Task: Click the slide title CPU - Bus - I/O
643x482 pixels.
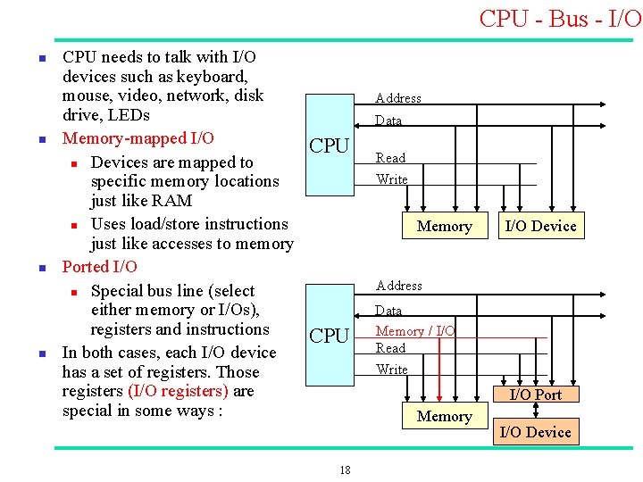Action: coord(560,18)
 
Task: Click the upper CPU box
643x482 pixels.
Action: coord(330,145)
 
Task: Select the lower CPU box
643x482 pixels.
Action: coord(330,336)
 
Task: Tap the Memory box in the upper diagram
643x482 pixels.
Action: coord(444,226)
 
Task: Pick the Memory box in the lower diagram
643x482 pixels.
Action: coord(444,416)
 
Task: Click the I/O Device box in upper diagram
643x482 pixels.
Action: coord(540,226)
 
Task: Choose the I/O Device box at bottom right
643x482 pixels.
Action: coord(535,432)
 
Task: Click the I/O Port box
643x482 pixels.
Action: coord(535,395)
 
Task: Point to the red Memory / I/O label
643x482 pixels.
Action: coord(415,331)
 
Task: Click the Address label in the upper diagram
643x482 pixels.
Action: coord(398,98)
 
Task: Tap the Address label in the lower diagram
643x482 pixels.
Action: coord(399,286)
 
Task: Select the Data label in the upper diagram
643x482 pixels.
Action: coord(388,120)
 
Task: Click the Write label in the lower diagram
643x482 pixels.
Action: coord(392,370)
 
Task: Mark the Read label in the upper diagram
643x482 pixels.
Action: coord(390,158)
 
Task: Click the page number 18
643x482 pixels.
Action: coord(345,470)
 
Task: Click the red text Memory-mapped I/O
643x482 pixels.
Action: coord(138,138)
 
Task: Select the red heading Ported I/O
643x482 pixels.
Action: coord(99,267)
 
